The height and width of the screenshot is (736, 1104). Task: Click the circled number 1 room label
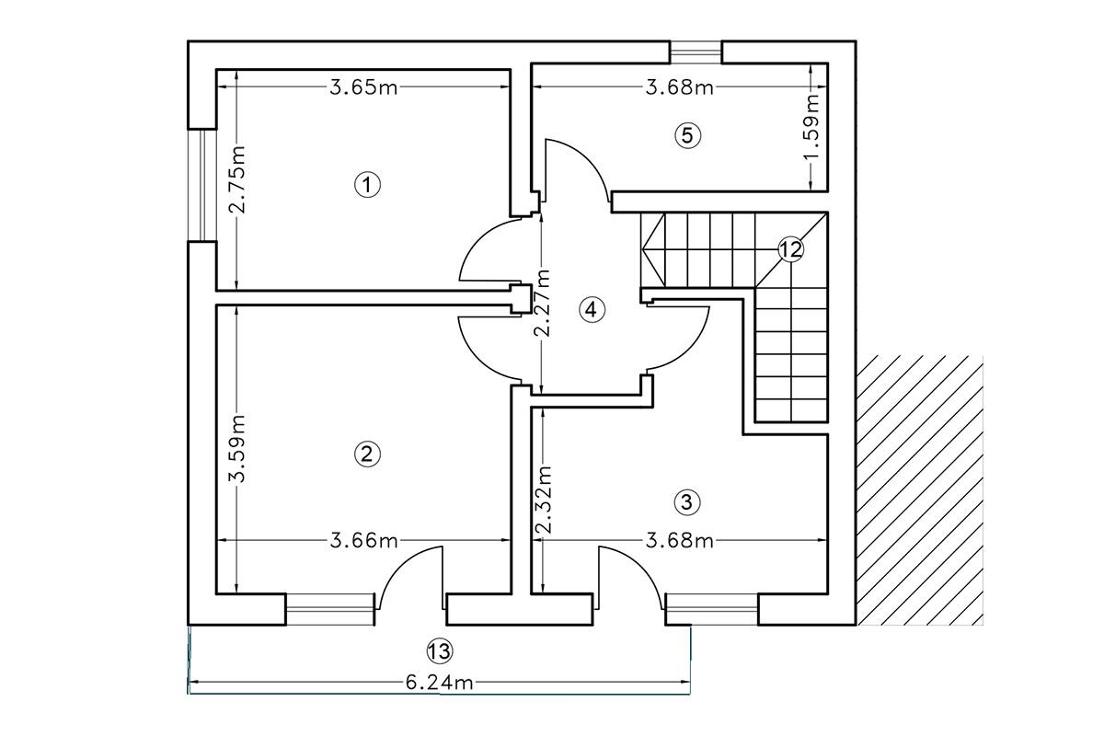[367, 185]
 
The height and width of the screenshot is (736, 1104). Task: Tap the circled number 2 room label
[367, 453]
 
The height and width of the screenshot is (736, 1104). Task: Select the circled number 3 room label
[687, 501]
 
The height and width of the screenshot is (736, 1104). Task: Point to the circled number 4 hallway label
[592, 309]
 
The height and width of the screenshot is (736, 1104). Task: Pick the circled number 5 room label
[687, 135]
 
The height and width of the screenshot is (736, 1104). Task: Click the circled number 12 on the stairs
[790, 248]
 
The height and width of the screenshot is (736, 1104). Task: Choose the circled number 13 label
[440, 651]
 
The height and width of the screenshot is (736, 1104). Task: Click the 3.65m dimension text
[363, 87]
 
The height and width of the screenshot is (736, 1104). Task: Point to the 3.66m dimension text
[364, 540]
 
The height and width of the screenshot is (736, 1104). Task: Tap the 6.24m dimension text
[440, 683]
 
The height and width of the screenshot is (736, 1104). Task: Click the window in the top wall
[696, 52]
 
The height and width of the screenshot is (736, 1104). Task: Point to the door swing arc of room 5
[575, 166]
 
